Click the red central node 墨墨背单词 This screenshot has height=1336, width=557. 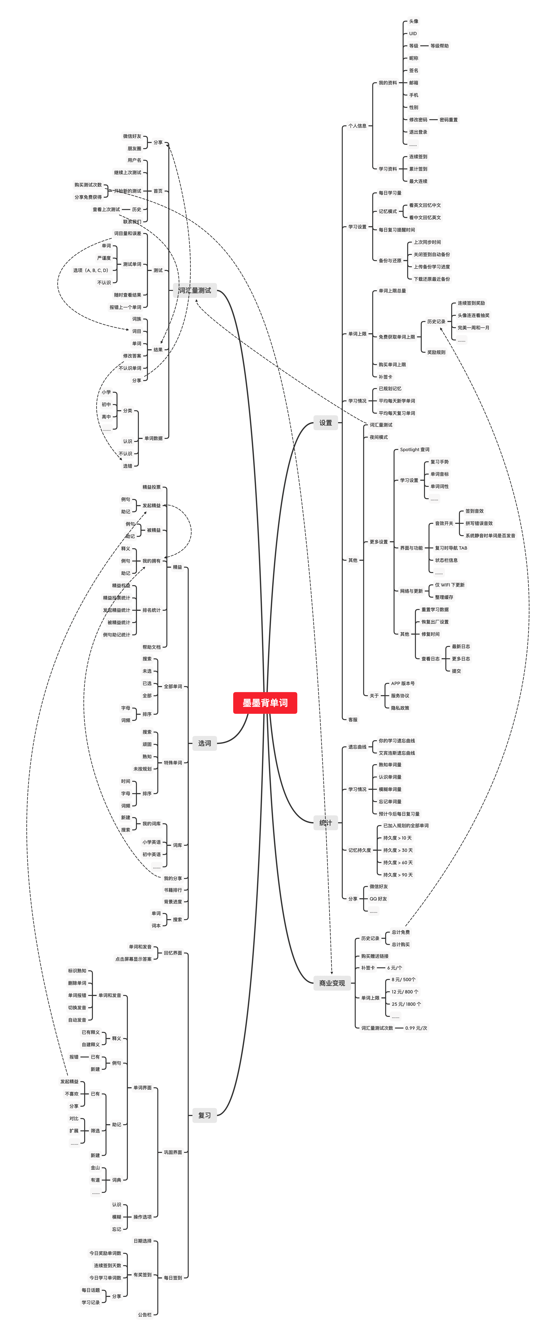[x=265, y=703]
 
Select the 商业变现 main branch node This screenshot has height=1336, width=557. [x=332, y=983]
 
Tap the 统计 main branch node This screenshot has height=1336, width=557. [x=325, y=823]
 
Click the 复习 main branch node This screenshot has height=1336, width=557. [x=204, y=1115]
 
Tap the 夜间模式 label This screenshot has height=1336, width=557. [x=378, y=437]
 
